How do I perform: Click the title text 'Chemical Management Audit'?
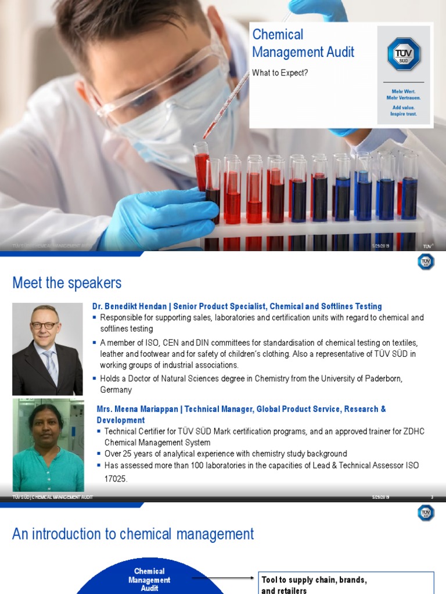[x=303, y=44]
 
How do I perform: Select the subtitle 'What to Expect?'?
[x=280, y=73]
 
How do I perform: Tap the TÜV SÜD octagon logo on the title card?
[x=404, y=54]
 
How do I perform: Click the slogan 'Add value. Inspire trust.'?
[x=404, y=111]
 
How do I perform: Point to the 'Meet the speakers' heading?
[x=67, y=283]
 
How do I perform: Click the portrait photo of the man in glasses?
[x=47, y=349]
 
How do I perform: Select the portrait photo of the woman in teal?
[x=48, y=446]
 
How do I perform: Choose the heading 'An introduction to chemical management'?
[x=133, y=534]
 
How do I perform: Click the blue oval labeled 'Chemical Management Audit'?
[x=149, y=579]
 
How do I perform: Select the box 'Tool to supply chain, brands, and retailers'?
[x=346, y=584]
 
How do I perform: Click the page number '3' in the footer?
[x=431, y=498]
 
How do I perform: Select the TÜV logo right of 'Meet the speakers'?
[x=426, y=262]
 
